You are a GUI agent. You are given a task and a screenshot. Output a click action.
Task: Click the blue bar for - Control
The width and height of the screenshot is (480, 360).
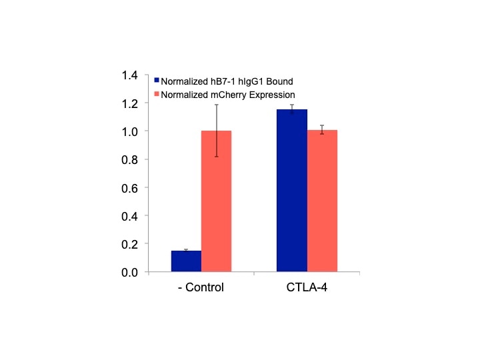pyautogui.click(x=186, y=261)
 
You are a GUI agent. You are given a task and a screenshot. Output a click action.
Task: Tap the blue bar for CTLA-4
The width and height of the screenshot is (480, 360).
pyautogui.click(x=292, y=191)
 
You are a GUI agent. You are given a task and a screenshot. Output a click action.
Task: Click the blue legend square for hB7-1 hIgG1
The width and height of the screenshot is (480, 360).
pyautogui.click(x=157, y=81)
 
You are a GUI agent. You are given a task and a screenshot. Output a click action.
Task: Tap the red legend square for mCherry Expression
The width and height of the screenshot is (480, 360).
pyautogui.click(x=157, y=95)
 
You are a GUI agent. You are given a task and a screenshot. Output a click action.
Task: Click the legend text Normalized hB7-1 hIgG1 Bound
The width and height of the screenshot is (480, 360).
pyautogui.click(x=218, y=81)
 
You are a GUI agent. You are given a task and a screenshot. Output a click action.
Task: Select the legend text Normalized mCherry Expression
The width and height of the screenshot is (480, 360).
pyautogui.click(x=228, y=95)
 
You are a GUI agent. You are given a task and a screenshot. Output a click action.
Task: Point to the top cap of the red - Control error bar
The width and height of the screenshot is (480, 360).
pyautogui.click(x=216, y=105)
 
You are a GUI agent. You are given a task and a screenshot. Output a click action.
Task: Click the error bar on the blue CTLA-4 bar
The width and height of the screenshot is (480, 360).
pyautogui.click(x=292, y=109)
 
